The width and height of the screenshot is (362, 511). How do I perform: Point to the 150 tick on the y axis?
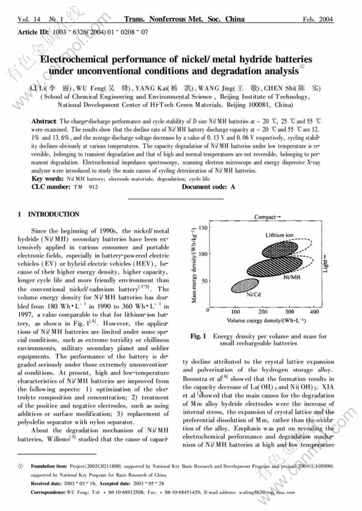(202, 227)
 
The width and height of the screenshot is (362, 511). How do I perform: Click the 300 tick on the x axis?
(289, 312)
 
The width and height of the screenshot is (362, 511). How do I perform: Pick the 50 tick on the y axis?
(204, 280)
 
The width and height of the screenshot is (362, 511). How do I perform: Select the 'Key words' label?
(48, 179)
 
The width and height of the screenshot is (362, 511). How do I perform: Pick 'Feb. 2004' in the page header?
(318, 20)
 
